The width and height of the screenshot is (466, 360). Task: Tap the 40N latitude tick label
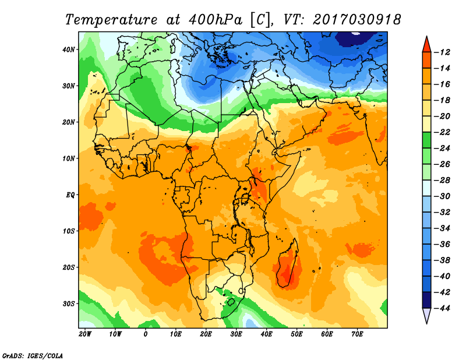69,50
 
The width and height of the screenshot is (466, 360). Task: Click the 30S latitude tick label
69,303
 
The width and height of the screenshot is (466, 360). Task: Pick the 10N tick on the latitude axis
69,158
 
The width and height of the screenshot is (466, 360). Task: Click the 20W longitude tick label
85,334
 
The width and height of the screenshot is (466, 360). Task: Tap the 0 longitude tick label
146,334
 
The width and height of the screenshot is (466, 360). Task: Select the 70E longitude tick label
357,334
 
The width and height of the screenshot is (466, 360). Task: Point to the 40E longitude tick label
266,334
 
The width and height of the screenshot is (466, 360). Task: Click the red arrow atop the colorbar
426,44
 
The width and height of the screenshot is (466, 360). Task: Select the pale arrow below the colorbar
426,315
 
